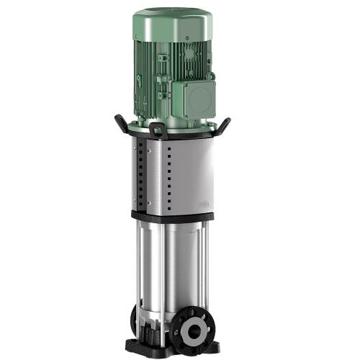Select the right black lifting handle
click(225, 123)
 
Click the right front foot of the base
click(210, 348)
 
